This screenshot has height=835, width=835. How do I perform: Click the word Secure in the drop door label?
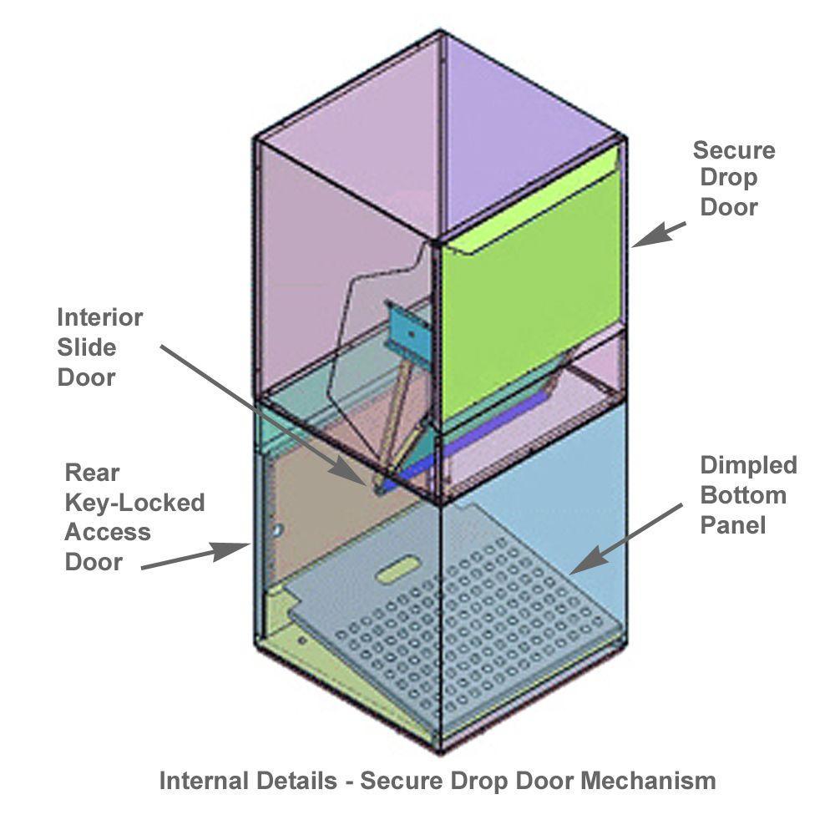[734, 150]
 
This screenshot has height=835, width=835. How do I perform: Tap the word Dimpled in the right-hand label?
[748, 465]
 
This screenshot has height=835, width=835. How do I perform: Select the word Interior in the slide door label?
[99, 318]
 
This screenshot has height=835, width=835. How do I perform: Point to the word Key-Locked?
[134, 503]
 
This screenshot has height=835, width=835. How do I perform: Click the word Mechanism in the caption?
[648, 782]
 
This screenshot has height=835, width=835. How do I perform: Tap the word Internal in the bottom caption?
[204, 782]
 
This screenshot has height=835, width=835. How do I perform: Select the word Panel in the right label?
[732, 525]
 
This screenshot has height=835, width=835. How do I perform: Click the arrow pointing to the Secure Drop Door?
[659, 234]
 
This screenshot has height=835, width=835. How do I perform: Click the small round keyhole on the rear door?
[280, 529]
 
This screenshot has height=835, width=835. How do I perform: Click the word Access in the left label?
[108, 532]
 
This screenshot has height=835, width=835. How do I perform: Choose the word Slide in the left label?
[87, 347]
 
